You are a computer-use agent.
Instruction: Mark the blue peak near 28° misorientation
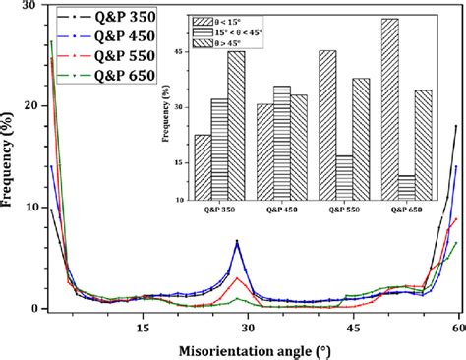pos(237,241)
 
